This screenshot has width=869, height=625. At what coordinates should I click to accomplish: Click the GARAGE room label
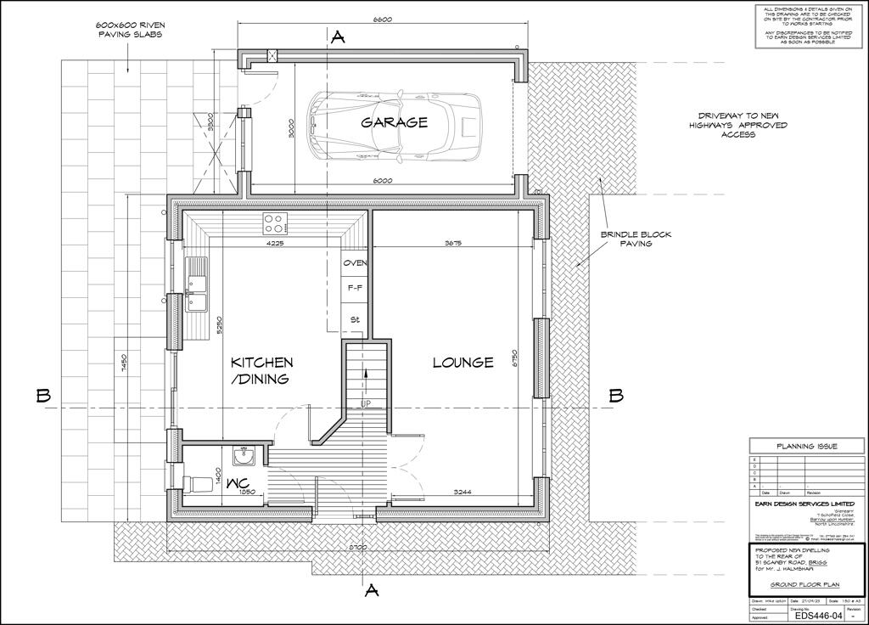click(x=395, y=122)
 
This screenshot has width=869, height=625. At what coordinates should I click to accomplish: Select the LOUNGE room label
click(x=463, y=363)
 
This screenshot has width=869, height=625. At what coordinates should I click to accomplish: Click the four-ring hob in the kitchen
click(x=274, y=223)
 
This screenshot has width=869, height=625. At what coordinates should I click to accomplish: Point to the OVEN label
click(x=355, y=263)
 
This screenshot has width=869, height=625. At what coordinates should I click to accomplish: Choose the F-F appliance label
click(x=355, y=290)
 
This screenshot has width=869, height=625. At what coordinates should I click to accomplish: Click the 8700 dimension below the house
click(x=356, y=548)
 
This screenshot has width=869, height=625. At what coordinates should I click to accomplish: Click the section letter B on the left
click(x=44, y=396)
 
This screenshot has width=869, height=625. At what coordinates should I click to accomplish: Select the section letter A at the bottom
click(x=370, y=591)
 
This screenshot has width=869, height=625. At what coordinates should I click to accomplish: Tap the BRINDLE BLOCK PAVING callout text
click(x=626, y=239)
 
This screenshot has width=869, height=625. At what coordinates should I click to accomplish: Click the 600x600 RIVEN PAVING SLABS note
click(x=129, y=31)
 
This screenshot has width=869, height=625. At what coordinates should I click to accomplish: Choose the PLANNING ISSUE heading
click(x=807, y=446)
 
